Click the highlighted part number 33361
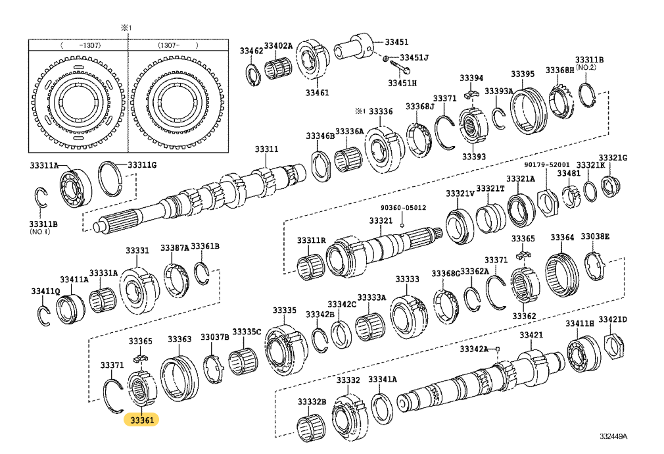(x=142, y=419)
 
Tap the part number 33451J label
(x=414, y=58)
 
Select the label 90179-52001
(x=547, y=164)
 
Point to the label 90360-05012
(x=403, y=208)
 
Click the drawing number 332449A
(x=613, y=436)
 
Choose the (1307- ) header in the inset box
(x=178, y=45)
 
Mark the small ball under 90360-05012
(x=401, y=223)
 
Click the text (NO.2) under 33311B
(x=586, y=67)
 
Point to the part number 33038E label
(x=595, y=238)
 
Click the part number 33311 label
(x=268, y=151)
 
